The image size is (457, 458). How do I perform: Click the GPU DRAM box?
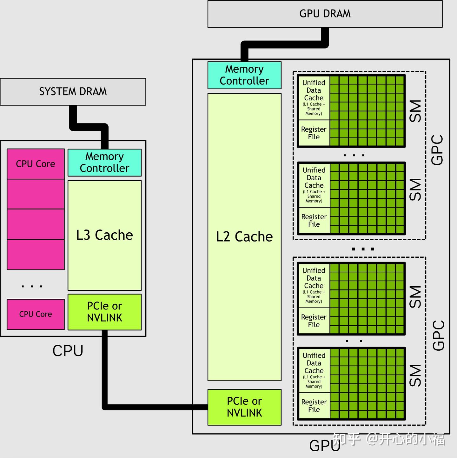(325, 14)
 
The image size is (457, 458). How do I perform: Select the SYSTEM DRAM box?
(73, 92)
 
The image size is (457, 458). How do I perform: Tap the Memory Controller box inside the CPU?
(104, 163)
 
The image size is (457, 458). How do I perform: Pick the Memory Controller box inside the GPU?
(245, 75)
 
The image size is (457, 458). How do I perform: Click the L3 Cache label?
(104, 235)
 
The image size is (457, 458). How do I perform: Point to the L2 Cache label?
(244, 237)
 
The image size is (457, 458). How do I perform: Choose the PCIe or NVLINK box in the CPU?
(104, 312)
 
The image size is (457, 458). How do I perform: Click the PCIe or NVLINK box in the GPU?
(245, 407)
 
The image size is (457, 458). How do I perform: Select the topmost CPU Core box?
(36, 164)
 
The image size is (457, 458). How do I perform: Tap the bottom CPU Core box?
(36, 314)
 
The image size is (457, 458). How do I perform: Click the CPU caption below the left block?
(68, 351)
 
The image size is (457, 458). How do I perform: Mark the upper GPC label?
(437, 150)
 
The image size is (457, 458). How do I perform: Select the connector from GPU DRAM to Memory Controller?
(285, 44)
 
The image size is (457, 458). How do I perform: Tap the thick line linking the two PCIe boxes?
(142, 407)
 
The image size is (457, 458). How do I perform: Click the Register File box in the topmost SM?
(314, 133)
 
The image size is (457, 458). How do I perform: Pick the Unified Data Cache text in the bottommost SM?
(314, 363)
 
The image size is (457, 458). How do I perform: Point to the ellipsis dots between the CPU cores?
(32, 286)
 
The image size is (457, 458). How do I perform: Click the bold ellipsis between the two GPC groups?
(363, 249)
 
